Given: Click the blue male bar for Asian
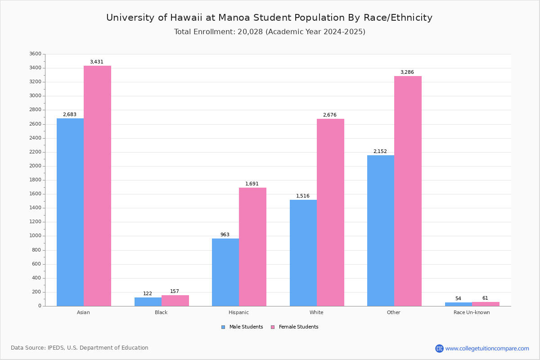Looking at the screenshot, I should [x=70, y=212].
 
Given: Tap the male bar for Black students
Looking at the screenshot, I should [x=148, y=301].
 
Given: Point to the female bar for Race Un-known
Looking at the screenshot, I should [x=486, y=304].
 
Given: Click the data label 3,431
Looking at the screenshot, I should [x=97, y=62].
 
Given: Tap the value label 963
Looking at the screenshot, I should [x=225, y=235].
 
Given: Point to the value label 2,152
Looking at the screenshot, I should [x=380, y=152].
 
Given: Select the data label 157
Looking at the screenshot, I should [x=175, y=292].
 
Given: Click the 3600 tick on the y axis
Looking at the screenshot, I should [x=35, y=54].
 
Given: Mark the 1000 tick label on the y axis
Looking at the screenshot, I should [x=35, y=236].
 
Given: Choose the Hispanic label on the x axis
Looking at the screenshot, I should [x=238, y=313].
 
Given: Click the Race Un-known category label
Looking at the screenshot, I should [x=472, y=313].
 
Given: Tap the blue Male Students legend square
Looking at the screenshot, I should [x=223, y=327].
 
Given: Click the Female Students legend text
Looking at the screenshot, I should [x=298, y=327].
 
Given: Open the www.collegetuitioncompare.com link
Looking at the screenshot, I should [x=487, y=348].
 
